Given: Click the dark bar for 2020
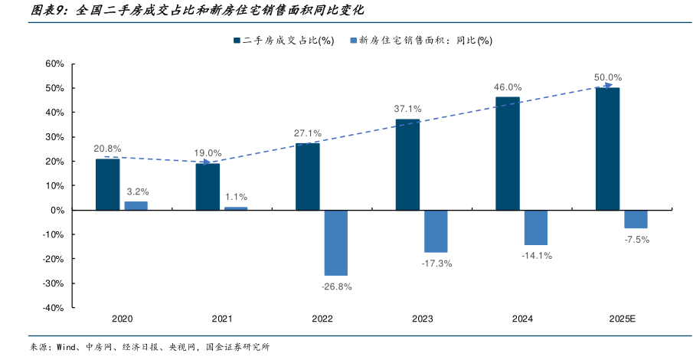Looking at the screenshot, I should coord(107,185).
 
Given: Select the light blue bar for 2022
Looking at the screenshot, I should coord(335,243).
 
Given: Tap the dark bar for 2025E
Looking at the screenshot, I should coord(607,149).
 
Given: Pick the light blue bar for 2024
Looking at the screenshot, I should coord(536,227).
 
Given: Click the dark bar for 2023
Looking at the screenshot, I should coord(407,165).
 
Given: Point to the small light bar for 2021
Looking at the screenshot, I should coord(236,208).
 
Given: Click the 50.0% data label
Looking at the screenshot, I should coord(607,77).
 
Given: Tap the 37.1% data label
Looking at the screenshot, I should coord(407,109).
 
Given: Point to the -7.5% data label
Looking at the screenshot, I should coord(636,240).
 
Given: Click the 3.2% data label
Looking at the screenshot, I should coord(137,191).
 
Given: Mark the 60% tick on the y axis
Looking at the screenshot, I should coord(54,64).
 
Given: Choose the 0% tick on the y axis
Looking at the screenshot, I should coord(57,210).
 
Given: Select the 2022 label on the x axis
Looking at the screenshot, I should coord(322,319).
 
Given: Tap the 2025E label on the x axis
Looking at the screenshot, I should coord(622,319).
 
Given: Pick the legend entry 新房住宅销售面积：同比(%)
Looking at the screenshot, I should coord(423,41).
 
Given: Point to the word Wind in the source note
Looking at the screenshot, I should coord(68,347).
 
